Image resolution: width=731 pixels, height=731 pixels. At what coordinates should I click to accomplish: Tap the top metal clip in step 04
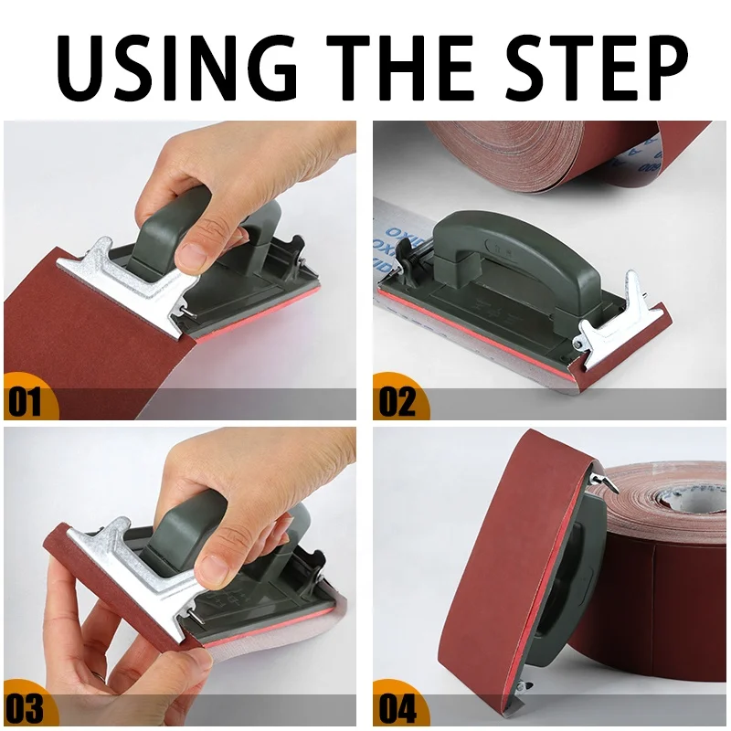pyautogui.click(x=600, y=476)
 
